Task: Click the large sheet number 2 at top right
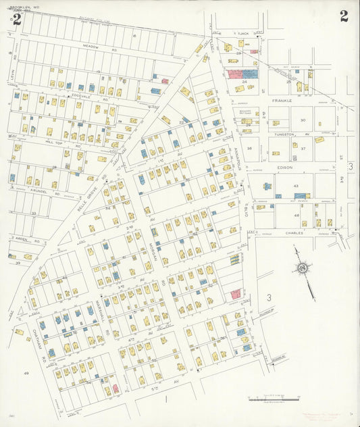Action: [344, 16]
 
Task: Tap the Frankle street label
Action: [282, 100]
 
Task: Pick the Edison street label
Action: [283, 166]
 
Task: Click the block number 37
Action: [303, 149]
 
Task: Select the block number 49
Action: [26, 373]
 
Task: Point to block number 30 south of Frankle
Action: [303, 120]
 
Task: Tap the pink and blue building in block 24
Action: [242, 74]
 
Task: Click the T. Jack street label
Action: [244, 32]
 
